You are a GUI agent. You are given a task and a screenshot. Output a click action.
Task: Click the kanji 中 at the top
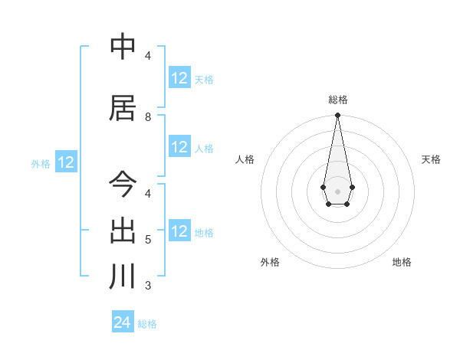coord(123,48)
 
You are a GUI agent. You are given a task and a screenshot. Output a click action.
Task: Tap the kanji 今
coord(123,185)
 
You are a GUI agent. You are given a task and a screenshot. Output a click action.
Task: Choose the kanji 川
coord(123,277)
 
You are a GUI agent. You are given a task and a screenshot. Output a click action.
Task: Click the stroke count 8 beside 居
coord(148,117)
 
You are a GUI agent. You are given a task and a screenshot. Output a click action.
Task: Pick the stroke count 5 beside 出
coord(148,240)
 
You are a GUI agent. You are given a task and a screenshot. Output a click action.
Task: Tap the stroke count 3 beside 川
coord(148,286)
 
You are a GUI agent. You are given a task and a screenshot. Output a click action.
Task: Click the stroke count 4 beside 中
coord(148,56)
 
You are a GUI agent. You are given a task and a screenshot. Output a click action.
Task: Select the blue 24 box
coord(123,322)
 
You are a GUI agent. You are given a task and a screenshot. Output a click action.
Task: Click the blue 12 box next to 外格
coord(65,162)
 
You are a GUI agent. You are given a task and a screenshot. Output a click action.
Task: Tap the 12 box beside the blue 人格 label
coord(179,148)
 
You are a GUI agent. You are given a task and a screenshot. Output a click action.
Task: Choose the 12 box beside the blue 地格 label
coord(179,231)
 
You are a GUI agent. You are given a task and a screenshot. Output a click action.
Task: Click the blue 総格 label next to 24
coord(147,324)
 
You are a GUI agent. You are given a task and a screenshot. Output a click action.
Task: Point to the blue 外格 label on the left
coord(40,163)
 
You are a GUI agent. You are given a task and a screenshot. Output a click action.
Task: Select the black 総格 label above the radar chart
coord(338,100)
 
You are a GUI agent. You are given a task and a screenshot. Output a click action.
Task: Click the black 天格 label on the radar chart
coord(431,159)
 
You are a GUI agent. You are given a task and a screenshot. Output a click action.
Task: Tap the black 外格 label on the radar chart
coord(270,262)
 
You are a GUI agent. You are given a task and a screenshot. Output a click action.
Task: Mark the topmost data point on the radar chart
coord(337,116)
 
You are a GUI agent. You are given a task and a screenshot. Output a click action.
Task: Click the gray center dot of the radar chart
coord(337,190)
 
